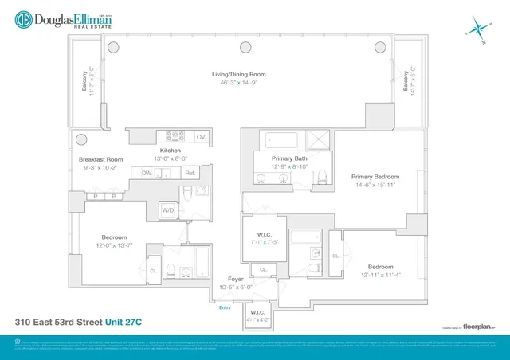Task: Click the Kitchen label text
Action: [171, 151]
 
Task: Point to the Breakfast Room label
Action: [100, 159]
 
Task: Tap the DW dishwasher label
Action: [147, 173]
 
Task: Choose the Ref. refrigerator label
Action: [190, 173]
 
